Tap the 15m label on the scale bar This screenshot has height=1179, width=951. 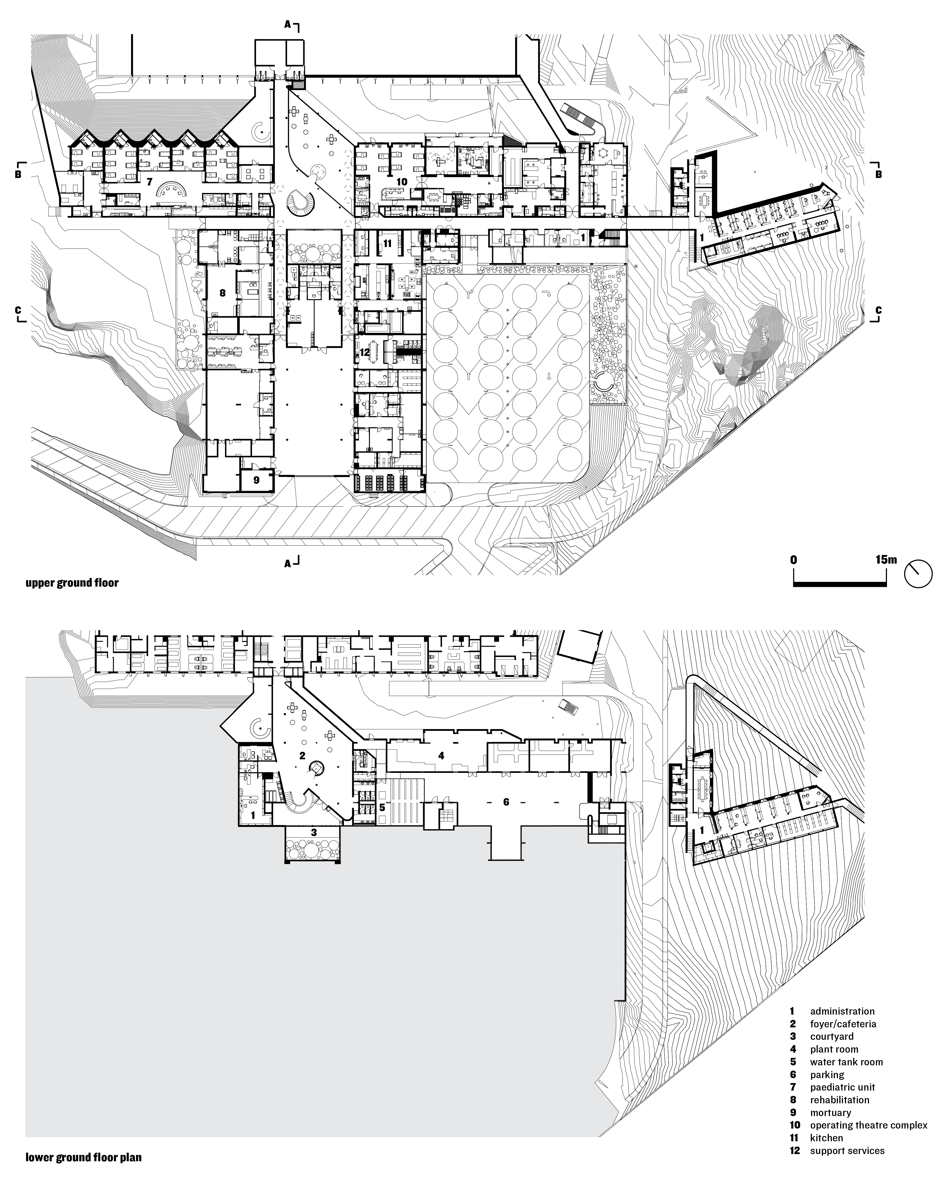886,560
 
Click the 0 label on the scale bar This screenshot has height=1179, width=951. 794,560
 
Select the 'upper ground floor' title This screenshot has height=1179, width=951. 72,583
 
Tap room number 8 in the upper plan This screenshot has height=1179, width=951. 223,293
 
